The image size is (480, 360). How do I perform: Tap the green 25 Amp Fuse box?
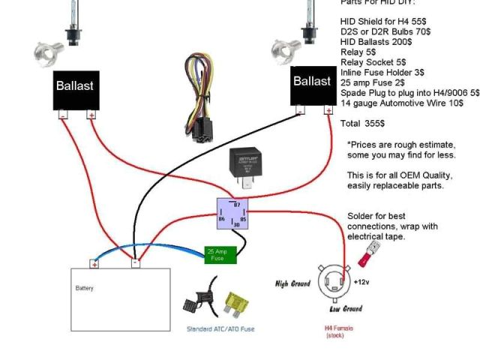coord(220,254)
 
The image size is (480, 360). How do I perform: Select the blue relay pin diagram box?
coord(232,214)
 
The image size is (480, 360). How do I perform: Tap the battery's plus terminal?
coord(94,263)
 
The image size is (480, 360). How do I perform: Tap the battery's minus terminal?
coord(135,263)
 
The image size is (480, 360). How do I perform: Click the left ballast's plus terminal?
coord(91,115)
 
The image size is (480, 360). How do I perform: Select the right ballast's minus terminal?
coord(299,110)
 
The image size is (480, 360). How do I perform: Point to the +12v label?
coord(361,283)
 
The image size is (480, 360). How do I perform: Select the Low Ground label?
coord(346,308)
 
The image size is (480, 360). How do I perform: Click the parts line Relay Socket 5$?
coord(373,62)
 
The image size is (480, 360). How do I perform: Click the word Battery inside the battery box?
coord(84,288)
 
